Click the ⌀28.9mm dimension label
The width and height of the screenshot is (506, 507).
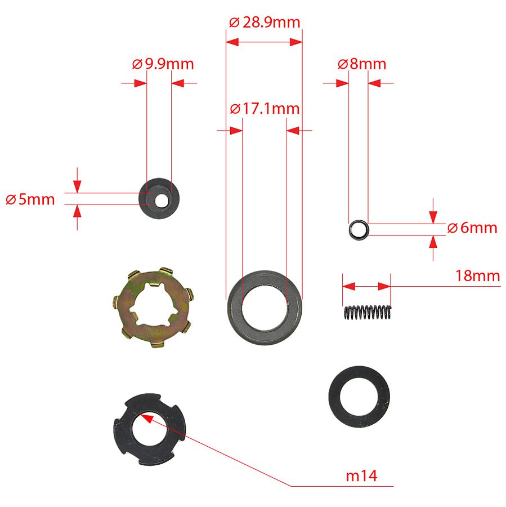[x=265, y=23]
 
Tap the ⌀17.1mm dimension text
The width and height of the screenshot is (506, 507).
[x=265, y=108]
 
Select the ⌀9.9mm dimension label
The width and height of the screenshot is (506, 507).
[x=163, y=64]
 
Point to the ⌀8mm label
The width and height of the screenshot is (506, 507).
[x=362, y=64]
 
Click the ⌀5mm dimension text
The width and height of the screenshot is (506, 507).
[x=30, y=199]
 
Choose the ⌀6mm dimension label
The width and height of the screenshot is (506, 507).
[x=472, y=228]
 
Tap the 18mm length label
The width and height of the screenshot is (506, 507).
[x=477, y=276]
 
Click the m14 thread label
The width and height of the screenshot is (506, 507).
[x=361, y=476]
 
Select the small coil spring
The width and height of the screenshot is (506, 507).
[x=367, y=313]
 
